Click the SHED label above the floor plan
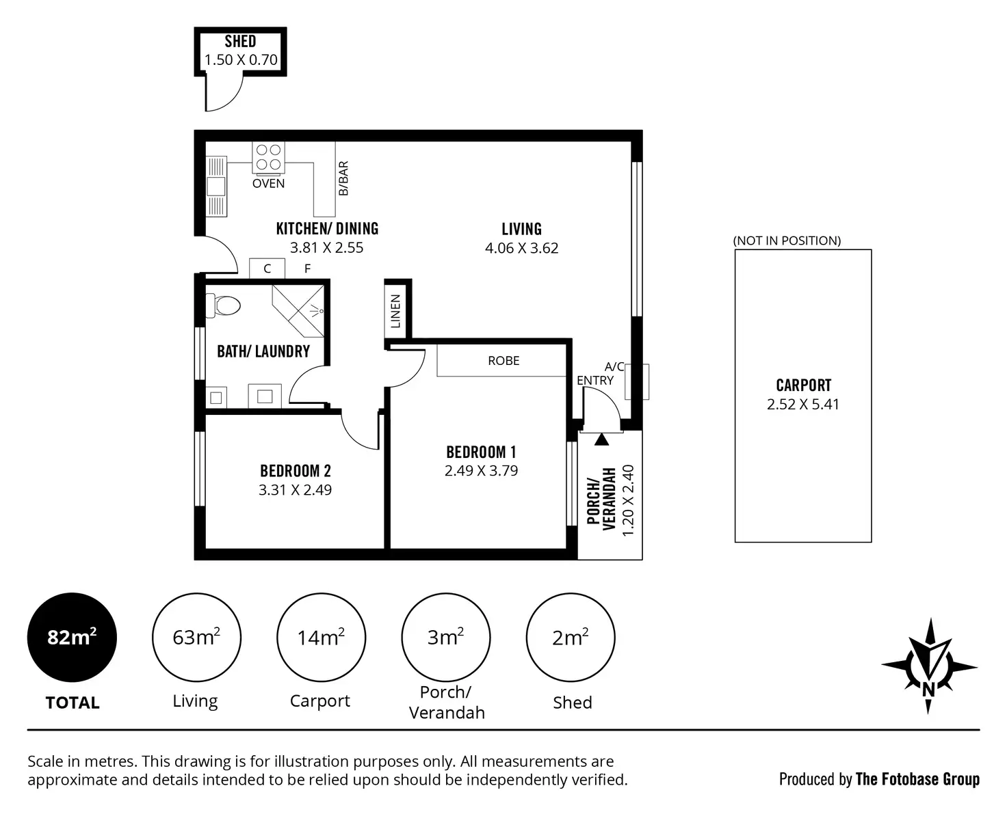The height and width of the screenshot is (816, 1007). (240, 42)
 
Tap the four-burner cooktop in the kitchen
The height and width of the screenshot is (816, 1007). (268, 157)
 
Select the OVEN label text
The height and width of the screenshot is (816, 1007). (268, 183)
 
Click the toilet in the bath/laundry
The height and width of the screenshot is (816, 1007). (224, 305)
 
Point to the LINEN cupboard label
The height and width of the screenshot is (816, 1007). (395, 311)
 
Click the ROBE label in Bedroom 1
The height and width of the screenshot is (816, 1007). (503, 361)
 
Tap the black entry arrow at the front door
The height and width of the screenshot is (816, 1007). (601, 439)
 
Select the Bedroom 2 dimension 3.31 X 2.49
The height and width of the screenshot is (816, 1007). (295, 489)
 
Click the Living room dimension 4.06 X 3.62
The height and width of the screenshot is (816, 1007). (521, 248)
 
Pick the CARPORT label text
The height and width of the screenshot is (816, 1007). (803, 385)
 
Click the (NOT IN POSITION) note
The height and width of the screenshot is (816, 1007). (787, 241)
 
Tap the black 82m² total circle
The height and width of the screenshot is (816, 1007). (72, 638)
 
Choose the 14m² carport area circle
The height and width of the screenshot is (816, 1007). (321, 638)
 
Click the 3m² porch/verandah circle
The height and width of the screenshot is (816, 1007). (445, 638)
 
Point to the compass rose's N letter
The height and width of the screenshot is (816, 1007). (928, 689)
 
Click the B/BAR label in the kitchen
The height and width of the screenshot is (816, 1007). (343, 178)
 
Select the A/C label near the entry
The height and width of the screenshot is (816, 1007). (614, 367)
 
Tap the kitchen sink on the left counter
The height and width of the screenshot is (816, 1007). (216, 185)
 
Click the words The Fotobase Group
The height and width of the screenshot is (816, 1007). (917, 779)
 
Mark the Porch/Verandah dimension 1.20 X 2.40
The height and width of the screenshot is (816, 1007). (629, 500)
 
